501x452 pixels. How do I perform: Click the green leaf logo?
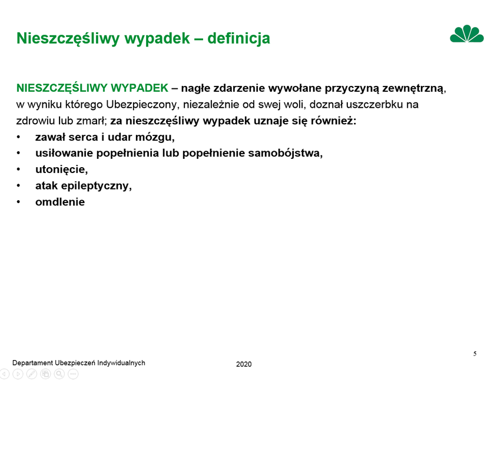[x=467, y=34]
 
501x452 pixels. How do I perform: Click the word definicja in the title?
[x=238, y=38]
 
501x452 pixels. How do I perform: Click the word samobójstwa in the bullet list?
[x=286, y=153]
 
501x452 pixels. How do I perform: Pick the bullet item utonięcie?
[x=61, y=169]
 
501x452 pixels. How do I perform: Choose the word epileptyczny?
[x=96, y=185]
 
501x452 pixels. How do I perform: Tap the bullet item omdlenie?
[x=60, y=202]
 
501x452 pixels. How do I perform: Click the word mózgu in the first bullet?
[x=155, y=137]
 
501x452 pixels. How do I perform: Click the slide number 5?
[x=475, y=354]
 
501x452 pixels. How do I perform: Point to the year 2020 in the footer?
[x=244, y=364]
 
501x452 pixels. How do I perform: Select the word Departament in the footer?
[x=32, y=363]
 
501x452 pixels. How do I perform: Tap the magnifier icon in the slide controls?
[x=59, y=374]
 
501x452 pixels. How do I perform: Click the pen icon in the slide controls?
[x=32, y=374]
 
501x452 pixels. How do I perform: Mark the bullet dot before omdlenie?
[x=18, y=202]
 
